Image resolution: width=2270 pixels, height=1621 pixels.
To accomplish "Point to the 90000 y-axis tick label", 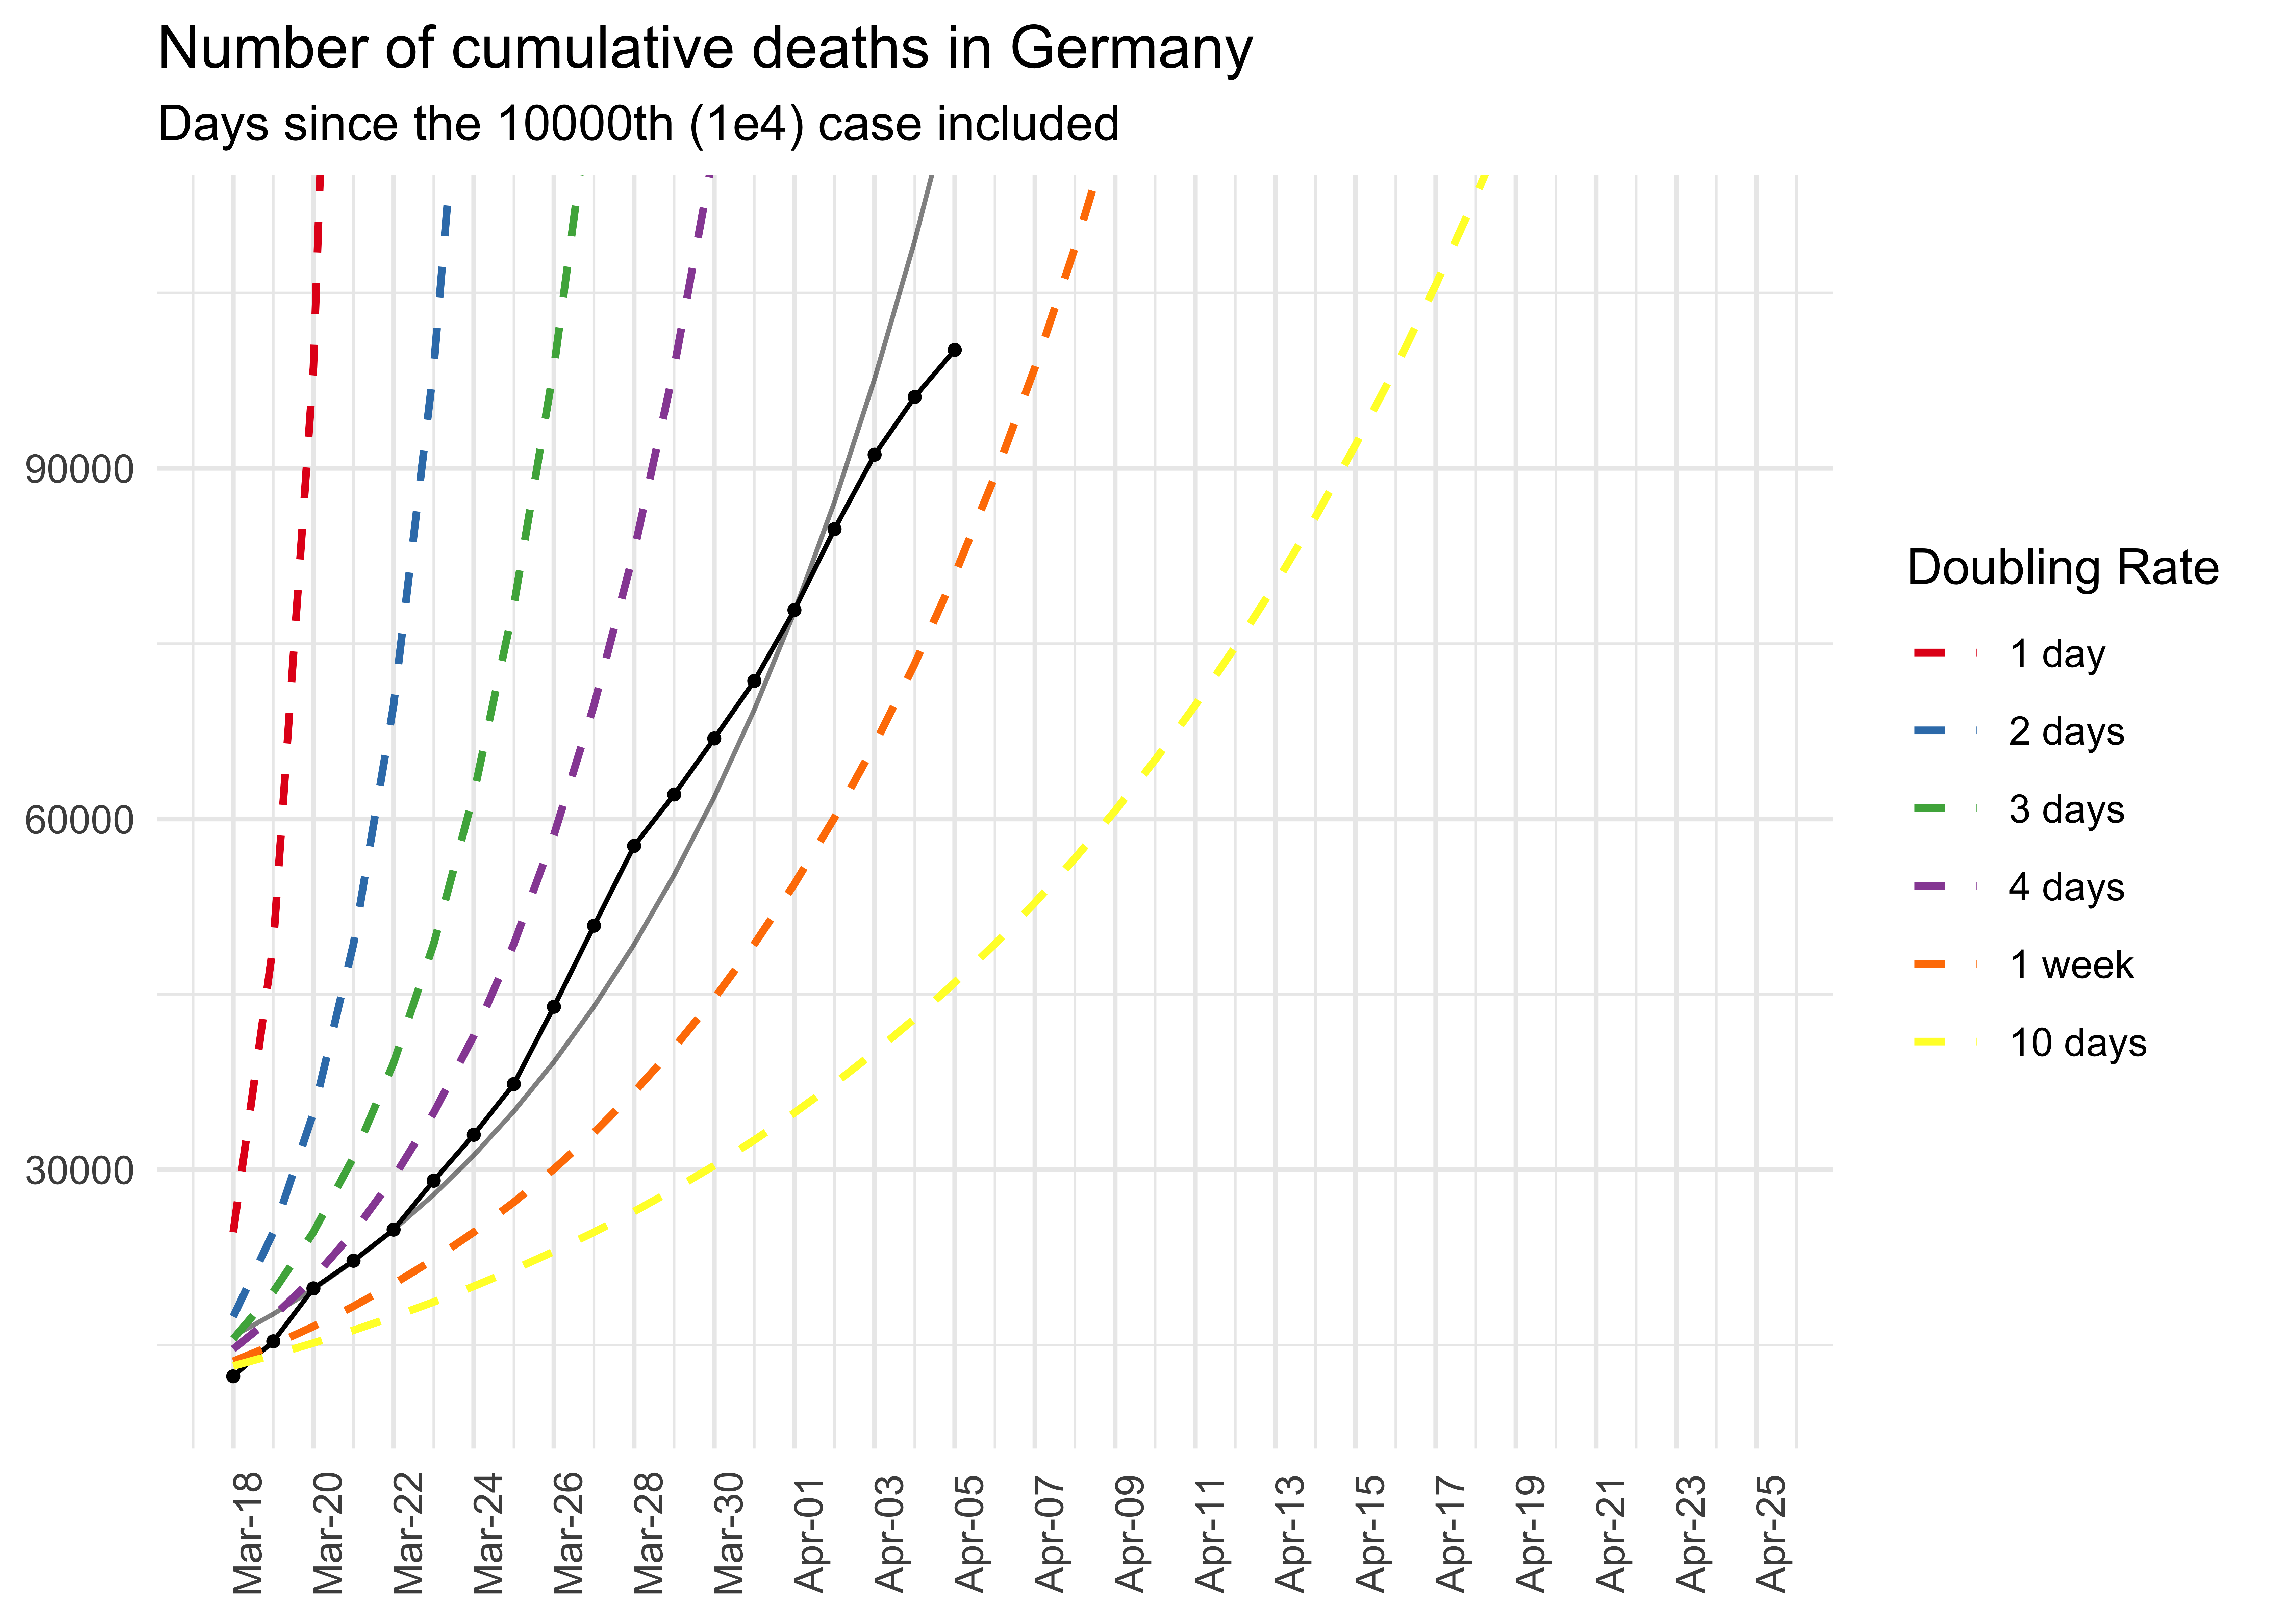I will [80, 469].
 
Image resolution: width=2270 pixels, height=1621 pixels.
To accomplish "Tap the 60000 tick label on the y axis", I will [80, 820].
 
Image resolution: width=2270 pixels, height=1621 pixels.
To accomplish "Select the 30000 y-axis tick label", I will [80, 1170].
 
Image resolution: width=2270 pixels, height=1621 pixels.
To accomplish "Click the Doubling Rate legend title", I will [2062, 568].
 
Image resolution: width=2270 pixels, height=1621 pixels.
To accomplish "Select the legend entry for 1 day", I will [2057, 654].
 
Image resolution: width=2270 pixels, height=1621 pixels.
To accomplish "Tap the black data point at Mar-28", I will [634, 845].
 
